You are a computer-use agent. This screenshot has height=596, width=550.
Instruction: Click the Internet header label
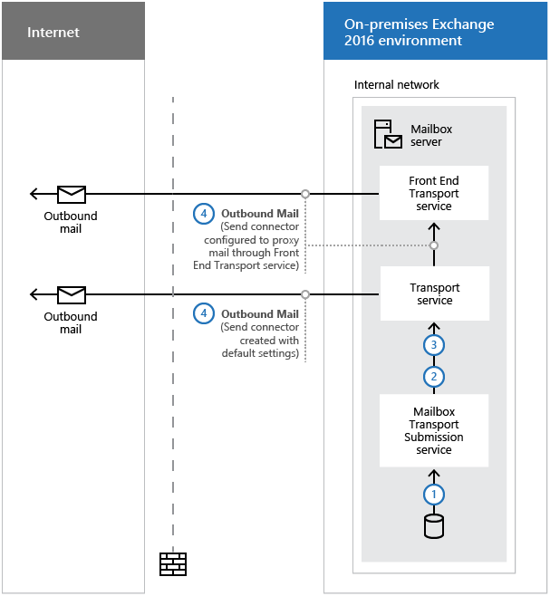click(x=53, y=33)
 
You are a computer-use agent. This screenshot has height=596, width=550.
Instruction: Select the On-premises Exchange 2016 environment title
click(x=420, y=32)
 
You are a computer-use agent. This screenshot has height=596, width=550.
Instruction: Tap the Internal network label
click(x=396, y=84)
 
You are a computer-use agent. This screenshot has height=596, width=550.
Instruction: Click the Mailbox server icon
click(x=388, y=134)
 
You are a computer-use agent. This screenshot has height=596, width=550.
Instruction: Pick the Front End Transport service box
click(x=434, y=193)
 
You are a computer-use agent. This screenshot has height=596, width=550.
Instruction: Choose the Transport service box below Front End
click(x=435, y=293)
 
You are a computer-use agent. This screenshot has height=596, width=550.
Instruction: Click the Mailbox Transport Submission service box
click(x=434, y=430)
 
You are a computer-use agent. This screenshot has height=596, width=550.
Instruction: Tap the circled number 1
click(x=434, y=495)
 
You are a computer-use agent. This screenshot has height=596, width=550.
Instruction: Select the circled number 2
click(x=434, y=377)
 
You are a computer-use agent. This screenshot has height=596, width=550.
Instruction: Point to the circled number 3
click(x=434, y=345)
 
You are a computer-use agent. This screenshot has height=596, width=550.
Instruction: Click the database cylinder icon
click(x=434, y=526)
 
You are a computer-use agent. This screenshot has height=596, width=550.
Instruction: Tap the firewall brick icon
click(x=173, y=564)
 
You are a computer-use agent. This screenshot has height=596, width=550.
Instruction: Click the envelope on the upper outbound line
click(x=72, y=194)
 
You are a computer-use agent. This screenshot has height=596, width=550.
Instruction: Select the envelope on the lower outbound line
click(x=72, y=295)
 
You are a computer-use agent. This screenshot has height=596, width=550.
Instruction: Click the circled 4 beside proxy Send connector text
click(x=204, y=214)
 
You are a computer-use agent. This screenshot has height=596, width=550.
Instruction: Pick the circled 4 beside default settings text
click(x=204, y=313)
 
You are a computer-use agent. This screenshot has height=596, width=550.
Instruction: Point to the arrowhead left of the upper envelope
click(x=34, y=194)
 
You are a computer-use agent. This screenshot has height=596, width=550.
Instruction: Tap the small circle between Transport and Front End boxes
click(x=434, y=245)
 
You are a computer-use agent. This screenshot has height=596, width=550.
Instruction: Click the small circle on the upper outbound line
click(x=305, y=194)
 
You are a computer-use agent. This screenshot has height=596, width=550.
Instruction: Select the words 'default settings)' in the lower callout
click(x=260, y=353)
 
